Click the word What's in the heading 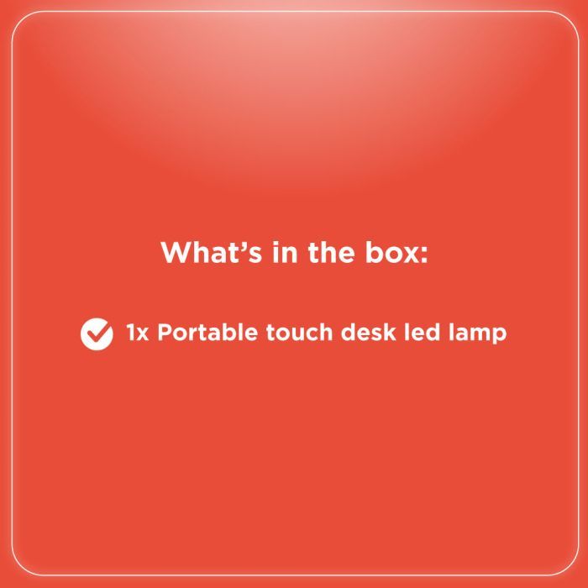211,252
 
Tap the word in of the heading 285,252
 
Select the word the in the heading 331,252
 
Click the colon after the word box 423,255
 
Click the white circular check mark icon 97,333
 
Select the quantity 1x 138,333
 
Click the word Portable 207,333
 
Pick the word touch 299,333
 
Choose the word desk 368,333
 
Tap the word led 422,333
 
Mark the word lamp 477,333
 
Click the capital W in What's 176,252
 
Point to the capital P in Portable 165,333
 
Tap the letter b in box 375,252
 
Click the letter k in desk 388,333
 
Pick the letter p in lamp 498,336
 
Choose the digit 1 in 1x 130,333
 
